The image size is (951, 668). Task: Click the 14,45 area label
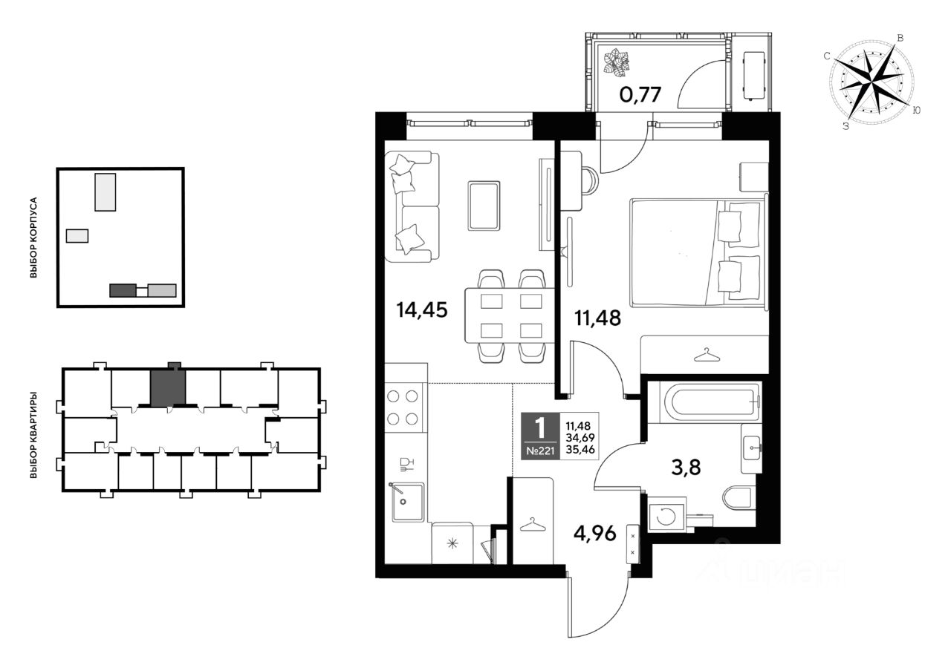[421, 310]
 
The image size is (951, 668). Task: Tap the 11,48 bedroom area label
[597, 318]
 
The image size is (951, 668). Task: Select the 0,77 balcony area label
[640, 95]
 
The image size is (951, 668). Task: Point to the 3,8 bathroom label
[686, 468]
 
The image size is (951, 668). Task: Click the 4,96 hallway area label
[594, 534]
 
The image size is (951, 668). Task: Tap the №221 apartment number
[540, 451]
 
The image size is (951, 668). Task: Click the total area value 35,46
[580, 449]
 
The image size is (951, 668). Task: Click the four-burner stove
[403, 407]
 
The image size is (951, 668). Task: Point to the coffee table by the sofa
[484, 206]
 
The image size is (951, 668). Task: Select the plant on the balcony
[617, 63]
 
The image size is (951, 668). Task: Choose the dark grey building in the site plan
[123, 290]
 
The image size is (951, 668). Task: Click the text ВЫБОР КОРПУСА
[33, 238]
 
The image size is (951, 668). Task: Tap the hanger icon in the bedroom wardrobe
[707, 355]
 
